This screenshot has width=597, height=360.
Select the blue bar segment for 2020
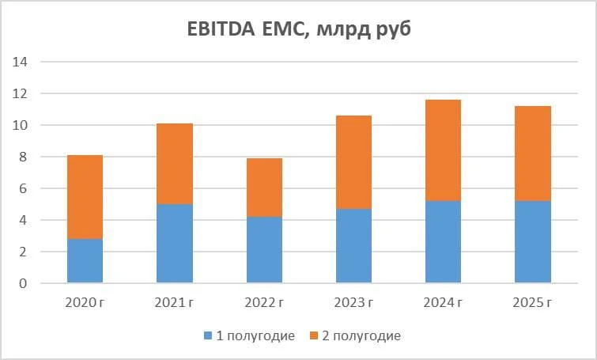tap(85, 261)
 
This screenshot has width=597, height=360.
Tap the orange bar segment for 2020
tap(85, 197)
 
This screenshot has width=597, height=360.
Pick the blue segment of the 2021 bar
tap(175, 244)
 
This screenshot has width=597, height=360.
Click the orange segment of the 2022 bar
tap(264, 188)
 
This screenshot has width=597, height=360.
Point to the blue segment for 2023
tap(353, 246)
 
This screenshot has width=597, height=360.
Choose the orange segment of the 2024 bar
tap(443, 150)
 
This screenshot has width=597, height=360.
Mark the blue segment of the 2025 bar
tap(533, 242)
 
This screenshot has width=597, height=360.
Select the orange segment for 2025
tap(533, 153)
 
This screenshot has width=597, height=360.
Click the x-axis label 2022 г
tap(264, 303)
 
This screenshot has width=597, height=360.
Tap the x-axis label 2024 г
tap(443, 303)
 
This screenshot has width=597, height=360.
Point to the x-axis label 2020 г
tap(85, 303)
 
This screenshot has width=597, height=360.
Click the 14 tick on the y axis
tap(20, 62)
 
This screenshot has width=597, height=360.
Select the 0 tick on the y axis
tap(23, 283)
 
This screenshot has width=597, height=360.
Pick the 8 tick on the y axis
tap(23, 157)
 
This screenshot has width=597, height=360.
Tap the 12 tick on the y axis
tap(20, 93)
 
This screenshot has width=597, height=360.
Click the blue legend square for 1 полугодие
tap(208, 335)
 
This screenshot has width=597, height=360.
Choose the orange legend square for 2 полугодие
tap(314, 335)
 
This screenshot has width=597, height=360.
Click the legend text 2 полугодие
tap(361, 336)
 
